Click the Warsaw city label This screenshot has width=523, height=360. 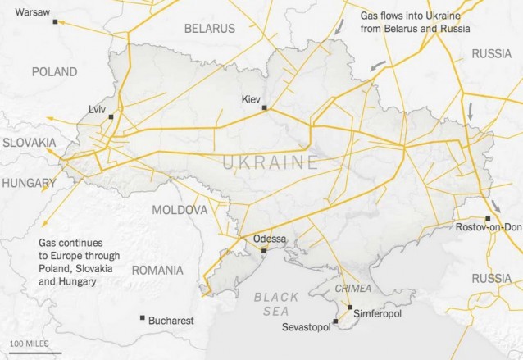coord(32,12)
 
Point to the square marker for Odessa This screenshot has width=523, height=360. coord(264,251)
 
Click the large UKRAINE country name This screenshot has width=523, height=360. coord(270,162)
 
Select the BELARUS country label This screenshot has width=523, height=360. coord(209,28)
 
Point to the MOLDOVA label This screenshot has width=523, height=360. coord(180,210)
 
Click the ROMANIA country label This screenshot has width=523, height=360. coord(157,270)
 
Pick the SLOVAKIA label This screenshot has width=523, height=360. coord(29,142)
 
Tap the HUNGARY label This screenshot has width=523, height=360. coord(28,183)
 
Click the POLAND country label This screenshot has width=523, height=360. coord(54,72)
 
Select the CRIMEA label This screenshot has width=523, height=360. coord(353,288)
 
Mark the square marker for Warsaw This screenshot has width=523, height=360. coord(55,22)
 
